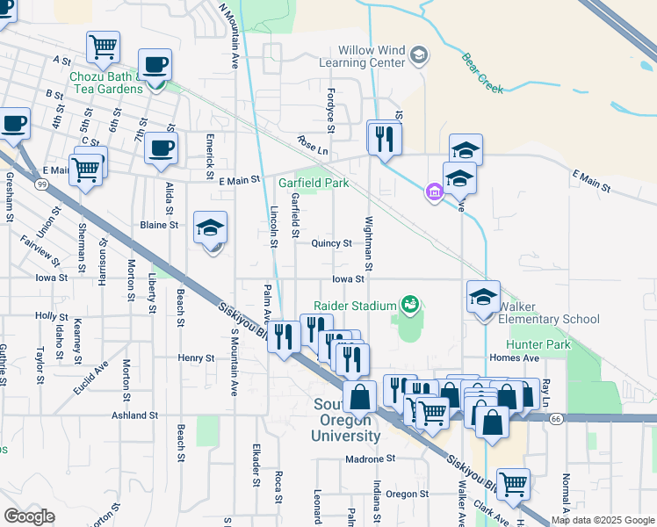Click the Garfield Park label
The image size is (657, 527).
(x=314, y=183)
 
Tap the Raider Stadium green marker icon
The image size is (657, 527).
(x=408, y=306)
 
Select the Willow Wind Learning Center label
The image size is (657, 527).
(x=361, y=55)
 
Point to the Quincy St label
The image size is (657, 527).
(x=331, y=243)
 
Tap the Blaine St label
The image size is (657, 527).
(x=159, y=225)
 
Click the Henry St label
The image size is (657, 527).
(x=196, y=358)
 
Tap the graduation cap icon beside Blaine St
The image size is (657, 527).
(x=210, y=230)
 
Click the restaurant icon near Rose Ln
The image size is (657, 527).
(x=384, y=139)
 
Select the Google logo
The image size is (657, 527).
(x=29, y=516)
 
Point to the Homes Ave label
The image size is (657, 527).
(x=514, y=358)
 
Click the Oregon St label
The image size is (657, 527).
(x=406, y=494)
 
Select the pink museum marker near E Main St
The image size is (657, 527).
(x=433, y=192)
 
